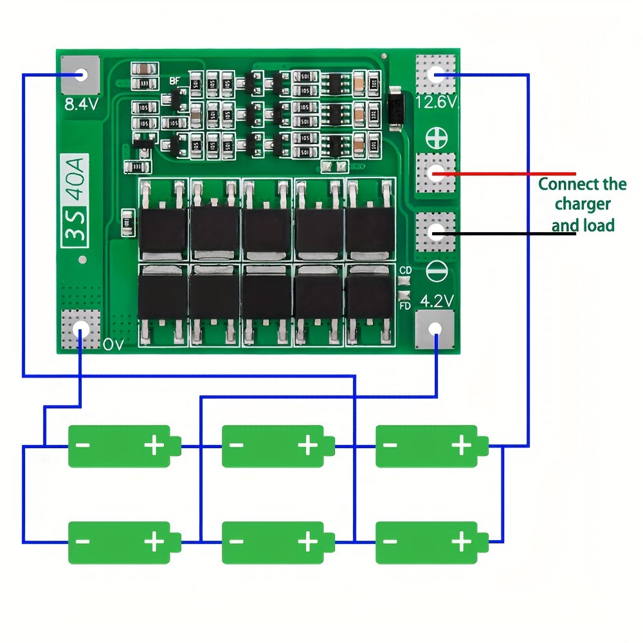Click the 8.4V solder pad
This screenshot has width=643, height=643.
pyautogui.click(x=80, y=74)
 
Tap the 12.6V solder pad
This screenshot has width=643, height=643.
pyautogui.click(x=436, y=74)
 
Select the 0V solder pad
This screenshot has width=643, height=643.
pyautogui.click(x=81, y=330)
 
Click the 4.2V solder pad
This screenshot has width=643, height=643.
pyautogui.click(x=435, y=330)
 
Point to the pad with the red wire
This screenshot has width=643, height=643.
pyautogui.click(x=436, y=172)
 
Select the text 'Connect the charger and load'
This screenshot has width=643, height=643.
pyautogui.click(x=582, y=204)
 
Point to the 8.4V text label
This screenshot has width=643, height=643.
pyautogui.click(x=80, y=104)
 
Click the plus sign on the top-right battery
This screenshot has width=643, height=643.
pyautogui.click(x=461, y=446)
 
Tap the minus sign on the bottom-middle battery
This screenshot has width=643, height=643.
pyautogui.click(x=237, y=542)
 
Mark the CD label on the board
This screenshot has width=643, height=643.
pyautogui.click(x=405, y=271)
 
